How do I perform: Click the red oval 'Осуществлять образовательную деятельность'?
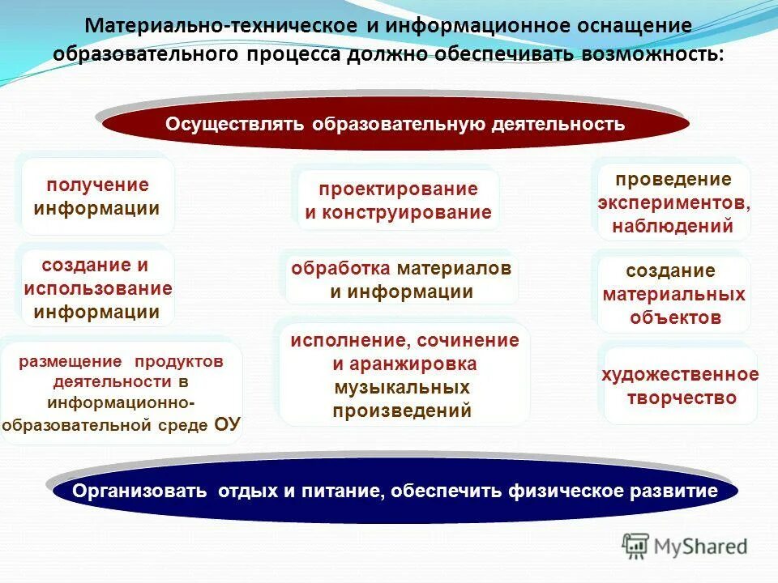(395, 125)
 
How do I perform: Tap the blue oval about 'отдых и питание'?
(395, 492)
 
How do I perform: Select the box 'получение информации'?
(97, 197)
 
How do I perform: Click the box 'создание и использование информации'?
(97, 288)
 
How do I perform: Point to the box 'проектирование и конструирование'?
(398, 201)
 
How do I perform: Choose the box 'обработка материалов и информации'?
(401, 280)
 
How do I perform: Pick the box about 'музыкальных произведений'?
(403, 375)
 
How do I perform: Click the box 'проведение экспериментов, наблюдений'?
(673, 202)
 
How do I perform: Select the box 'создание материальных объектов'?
(674, 294)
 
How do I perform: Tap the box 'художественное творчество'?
(680, 386)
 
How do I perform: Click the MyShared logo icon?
(635, 545)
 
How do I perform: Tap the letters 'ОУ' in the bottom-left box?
(227, 424)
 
